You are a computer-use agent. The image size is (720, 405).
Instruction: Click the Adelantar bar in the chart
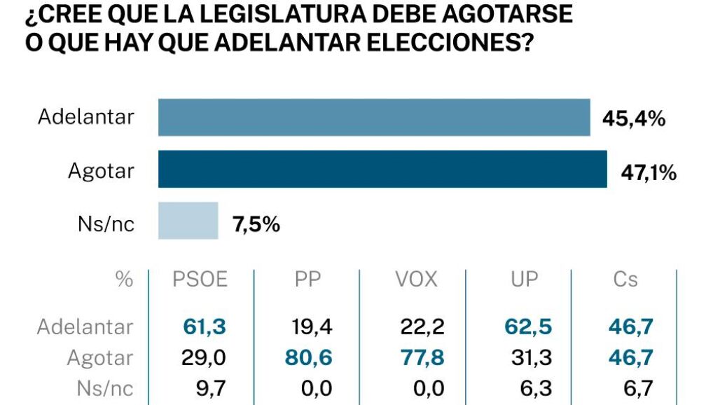tap(374, 117)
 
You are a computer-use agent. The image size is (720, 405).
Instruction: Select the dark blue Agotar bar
tap(382, 170)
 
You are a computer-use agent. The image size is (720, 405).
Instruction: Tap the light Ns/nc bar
tap(188, 221)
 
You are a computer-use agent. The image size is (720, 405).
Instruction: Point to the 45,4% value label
tap(633, 119)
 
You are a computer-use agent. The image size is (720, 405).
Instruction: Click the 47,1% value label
tap(649, 172)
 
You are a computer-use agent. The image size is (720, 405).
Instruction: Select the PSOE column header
tap(200, 280)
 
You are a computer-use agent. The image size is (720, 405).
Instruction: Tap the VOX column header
tap(416, 280)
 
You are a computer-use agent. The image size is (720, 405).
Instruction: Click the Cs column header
tap(625, 280)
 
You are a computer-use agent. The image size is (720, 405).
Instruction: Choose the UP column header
tap(523, 280)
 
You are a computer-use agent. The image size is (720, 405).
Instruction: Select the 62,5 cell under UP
tap(528, 327)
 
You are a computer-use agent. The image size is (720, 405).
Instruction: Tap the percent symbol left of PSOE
tap(124, 280)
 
